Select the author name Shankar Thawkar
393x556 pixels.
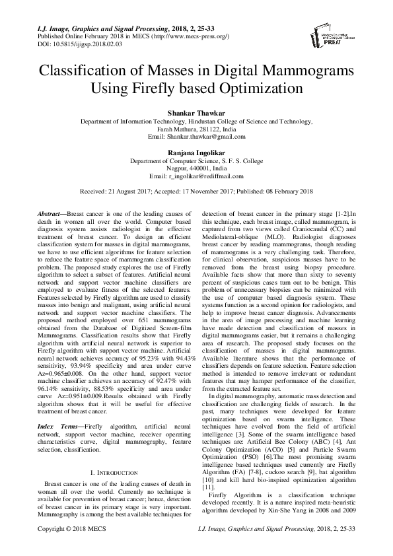click(196, 114)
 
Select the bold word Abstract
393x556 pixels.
click(50, 216)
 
